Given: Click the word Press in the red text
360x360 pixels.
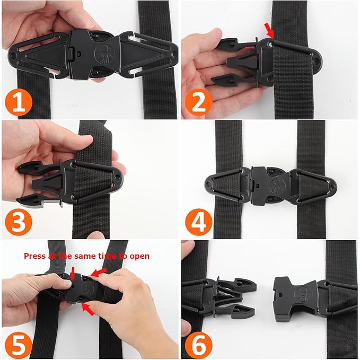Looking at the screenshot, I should click(34, 256).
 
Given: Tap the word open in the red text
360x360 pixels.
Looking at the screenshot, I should click(140, 257).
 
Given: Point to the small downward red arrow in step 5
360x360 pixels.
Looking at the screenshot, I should click(73, 271).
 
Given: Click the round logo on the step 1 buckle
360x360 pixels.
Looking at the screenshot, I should click(103, 51).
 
